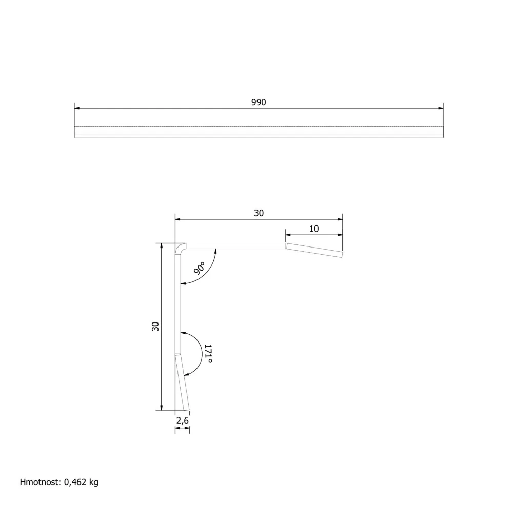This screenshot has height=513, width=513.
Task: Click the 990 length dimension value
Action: [x=259, y=102]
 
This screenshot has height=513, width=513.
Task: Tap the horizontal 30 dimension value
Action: [x=259, y=213]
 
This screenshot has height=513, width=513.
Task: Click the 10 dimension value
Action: [x=314, y=229]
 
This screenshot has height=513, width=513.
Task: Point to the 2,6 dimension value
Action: [x=183, y=420]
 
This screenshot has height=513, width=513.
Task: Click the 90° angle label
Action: [x=199, y=268]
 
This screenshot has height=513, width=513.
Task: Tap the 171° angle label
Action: [x=208, y=353]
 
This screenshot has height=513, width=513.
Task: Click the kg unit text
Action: [x=94, y=482]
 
